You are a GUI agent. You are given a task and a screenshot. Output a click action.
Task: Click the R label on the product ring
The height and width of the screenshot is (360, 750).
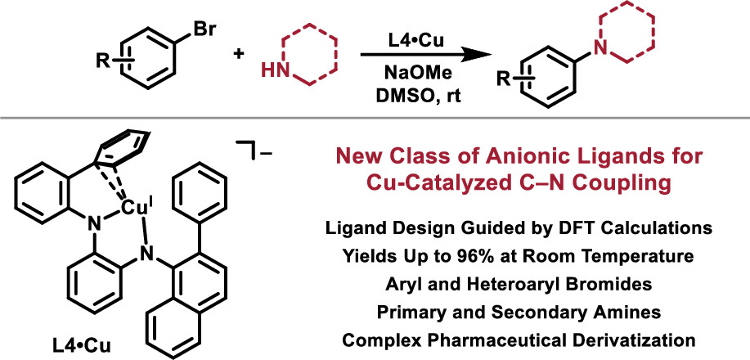tap(507, 80)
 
